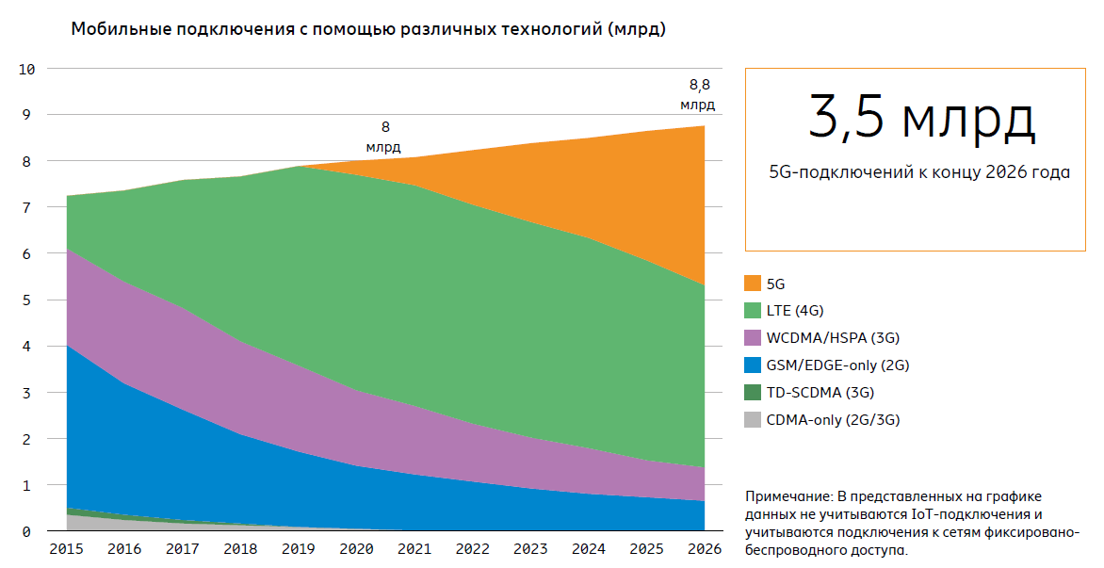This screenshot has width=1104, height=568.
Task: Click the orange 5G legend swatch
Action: tap(752, 284)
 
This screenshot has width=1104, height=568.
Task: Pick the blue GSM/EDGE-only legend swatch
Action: tap(752, 365)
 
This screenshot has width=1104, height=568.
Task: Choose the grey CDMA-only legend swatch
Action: tap(752, 420)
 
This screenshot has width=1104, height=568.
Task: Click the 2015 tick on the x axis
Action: tap(66, 548)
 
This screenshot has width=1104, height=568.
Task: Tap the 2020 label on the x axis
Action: tap(356, 548)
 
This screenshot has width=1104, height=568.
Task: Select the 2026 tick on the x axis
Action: tap(705, 548)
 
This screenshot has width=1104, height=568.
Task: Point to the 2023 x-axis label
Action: tap(530, 548)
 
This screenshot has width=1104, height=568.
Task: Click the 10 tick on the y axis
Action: tap(26, 69)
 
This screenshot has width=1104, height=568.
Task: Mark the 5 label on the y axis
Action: tap(28, 300)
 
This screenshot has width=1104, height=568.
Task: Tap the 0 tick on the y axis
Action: tap(28, 532)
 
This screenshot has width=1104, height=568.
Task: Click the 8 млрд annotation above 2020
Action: tap(383, 137)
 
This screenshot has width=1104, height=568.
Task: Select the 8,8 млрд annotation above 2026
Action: tap(698, 94)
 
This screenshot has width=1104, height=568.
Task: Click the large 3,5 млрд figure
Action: tap(920, 118)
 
